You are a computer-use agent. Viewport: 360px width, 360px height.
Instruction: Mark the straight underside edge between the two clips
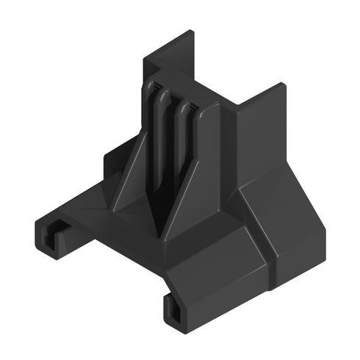[x=110, y=264]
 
